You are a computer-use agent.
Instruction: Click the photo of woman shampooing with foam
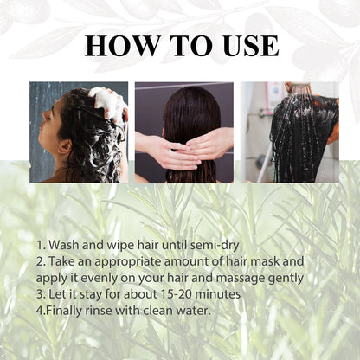[x=78, y=132]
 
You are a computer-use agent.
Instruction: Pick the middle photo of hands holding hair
[x=183, y=132]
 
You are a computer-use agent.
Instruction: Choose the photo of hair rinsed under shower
[x=290, y=132]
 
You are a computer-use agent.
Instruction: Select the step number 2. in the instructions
[x=42, y=261]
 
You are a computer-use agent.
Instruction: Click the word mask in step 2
[x=286, y=261]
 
